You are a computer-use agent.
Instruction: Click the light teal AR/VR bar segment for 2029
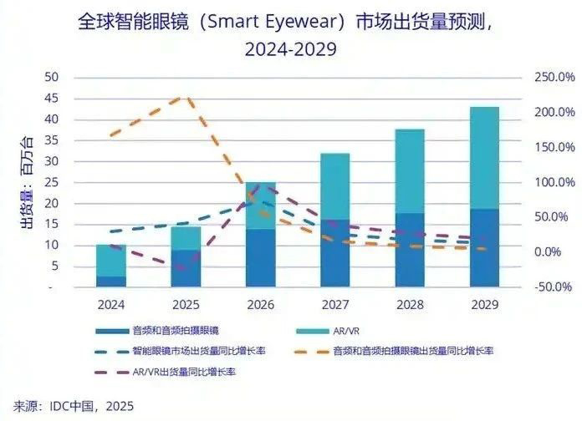click(484, 158)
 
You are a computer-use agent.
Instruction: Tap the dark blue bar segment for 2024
click(111, 282)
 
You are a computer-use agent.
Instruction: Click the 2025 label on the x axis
click(186, 304)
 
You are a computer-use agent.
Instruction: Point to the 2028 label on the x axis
click(410, 304)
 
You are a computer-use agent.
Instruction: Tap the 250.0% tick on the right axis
click(552, 78)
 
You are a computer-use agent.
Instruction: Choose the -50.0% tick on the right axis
click(552, 287)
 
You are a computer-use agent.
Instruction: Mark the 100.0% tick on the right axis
click(552, 182)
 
